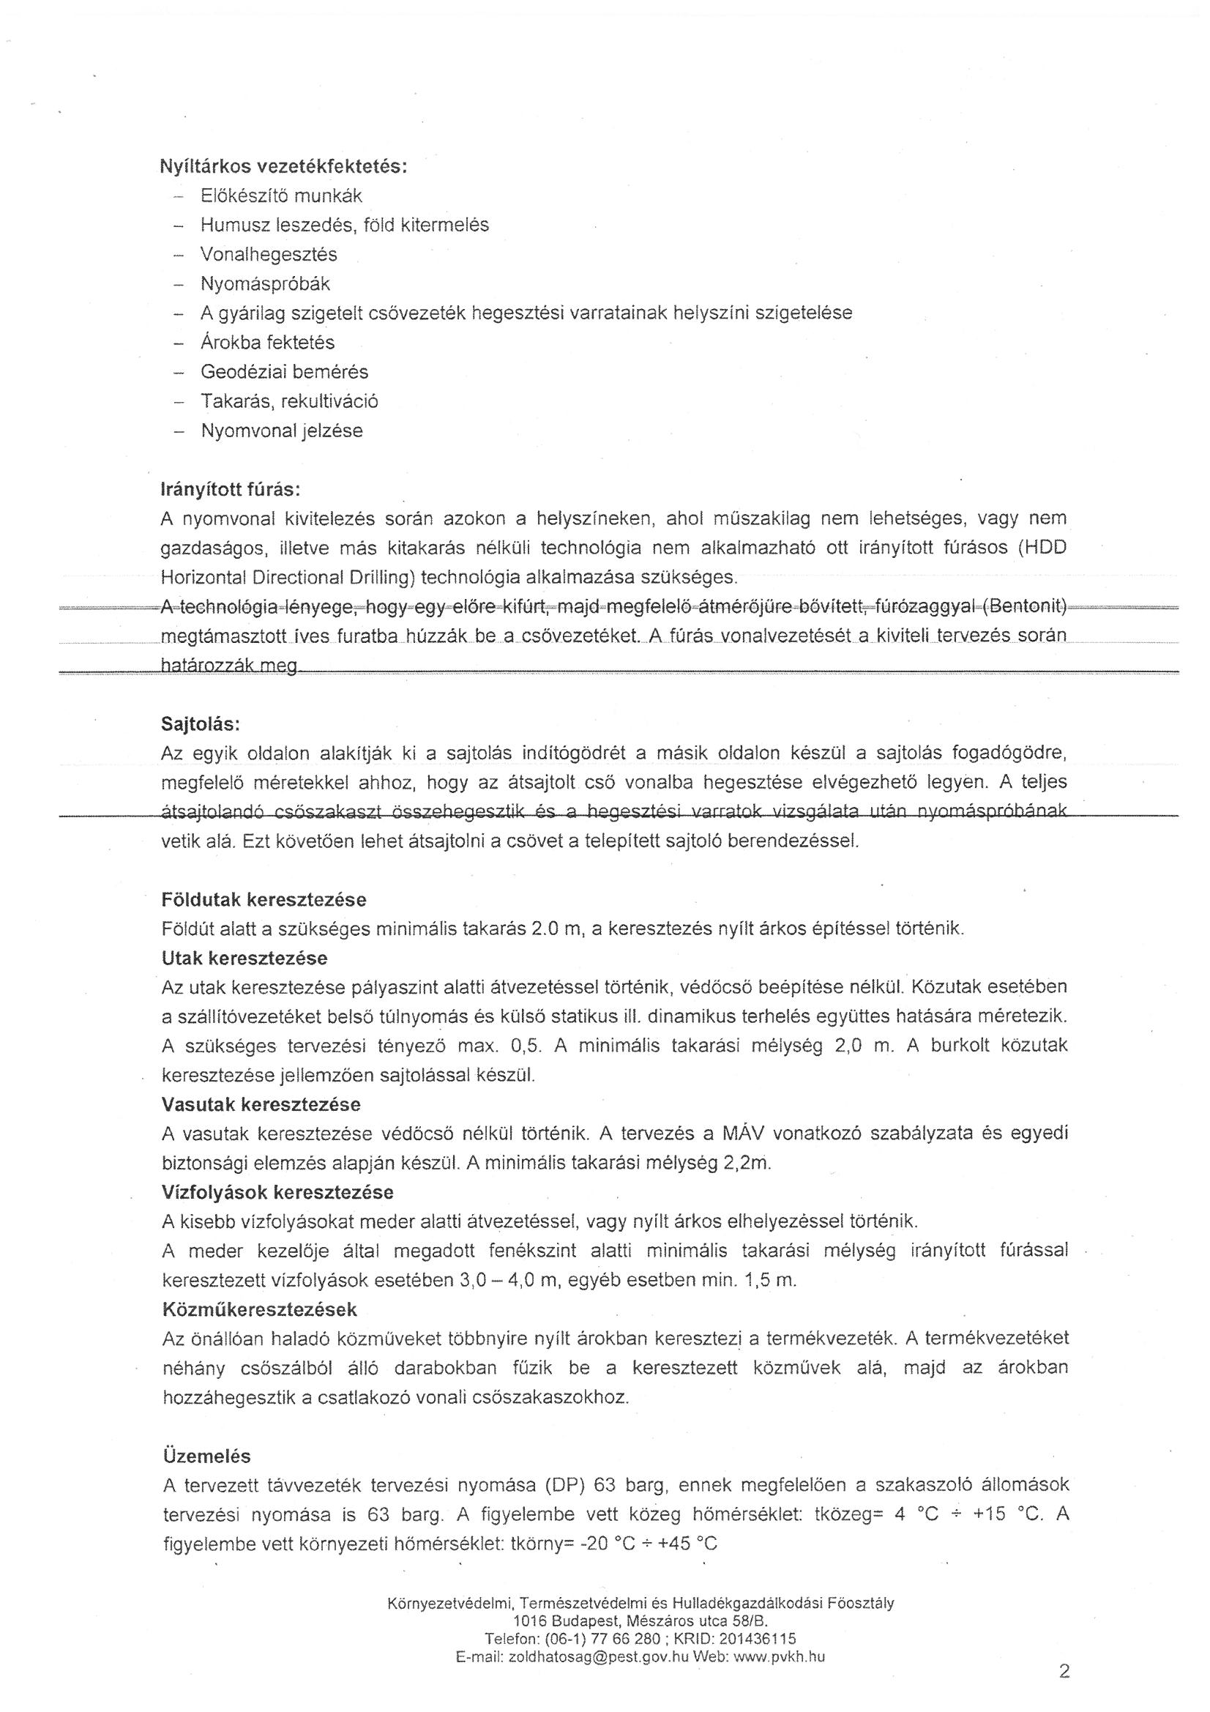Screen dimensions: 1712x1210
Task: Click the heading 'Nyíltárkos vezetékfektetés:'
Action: click(x=283, y=166)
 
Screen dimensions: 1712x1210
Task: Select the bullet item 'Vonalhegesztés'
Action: click(x=269, y=255)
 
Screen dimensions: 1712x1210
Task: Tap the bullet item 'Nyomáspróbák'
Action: click(x=265, y=284)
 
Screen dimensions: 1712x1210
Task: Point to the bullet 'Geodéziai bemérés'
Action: click(x=284, y=372)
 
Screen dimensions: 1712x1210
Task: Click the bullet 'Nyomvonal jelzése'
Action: click(x=282, y=431)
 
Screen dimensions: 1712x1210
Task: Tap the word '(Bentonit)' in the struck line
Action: click(x=1024, y=607)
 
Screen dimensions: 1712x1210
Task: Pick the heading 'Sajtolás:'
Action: click(x=201, y=724)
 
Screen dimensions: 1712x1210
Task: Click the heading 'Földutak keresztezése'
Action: click(x=264, y=900)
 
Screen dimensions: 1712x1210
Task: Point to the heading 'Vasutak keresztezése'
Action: click(x=261, y=1104)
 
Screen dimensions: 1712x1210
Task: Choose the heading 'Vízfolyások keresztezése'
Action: click(x=277, y=1192)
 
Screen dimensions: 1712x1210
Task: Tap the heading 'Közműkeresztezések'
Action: click(x=259, y=1309)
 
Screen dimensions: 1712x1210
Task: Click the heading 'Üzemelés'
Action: click(x=206, y=1456)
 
